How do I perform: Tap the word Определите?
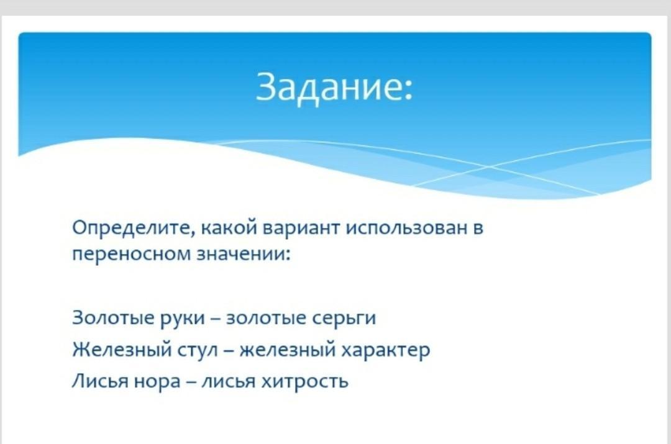click(x=134, y=228)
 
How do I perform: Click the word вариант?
click(x=301, y=228)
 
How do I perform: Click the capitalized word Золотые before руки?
click(x=113, y=318)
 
